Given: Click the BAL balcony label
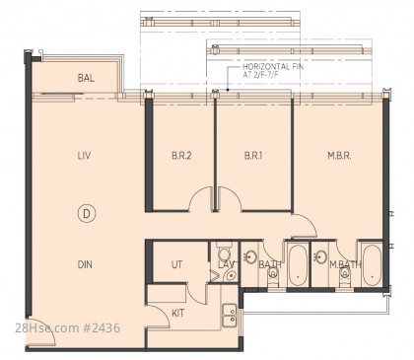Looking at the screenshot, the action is [x=86, y=78].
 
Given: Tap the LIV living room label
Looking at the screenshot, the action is [x=84, y=156].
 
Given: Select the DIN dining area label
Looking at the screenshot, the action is [x=85, y=264].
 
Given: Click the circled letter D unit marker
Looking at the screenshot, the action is [x=87, y=214].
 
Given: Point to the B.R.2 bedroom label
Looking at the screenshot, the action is [x=181, y=156].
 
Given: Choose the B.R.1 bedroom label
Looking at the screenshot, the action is [x=253, y=156].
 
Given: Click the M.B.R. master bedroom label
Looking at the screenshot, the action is [x=339, y=156].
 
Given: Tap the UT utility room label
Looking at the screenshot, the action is [x=176, y=264].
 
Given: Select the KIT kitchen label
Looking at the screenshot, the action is [x=177, y=313].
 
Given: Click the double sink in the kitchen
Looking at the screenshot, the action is [x=230, y=316].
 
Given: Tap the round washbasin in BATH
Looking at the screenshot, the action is [x=251, y=255].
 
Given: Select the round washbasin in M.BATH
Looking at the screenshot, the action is [x=320, y=255].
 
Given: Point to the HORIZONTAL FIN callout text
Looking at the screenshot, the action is [x=273, y=70].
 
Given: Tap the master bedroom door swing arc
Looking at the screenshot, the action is [x=308, y=221].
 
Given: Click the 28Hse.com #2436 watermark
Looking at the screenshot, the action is [x=68, y=327].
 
